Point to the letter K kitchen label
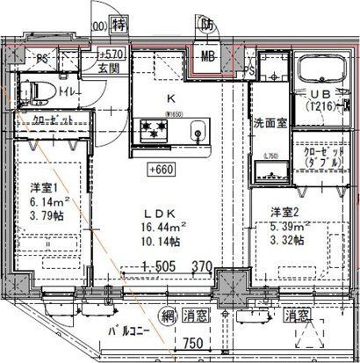(171, 99)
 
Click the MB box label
(209, 58)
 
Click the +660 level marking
(159, 171)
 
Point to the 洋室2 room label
(283, 212)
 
